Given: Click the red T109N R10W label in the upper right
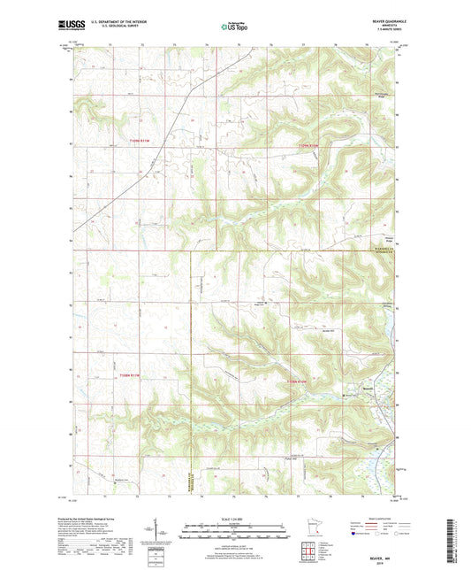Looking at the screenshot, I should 307,143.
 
